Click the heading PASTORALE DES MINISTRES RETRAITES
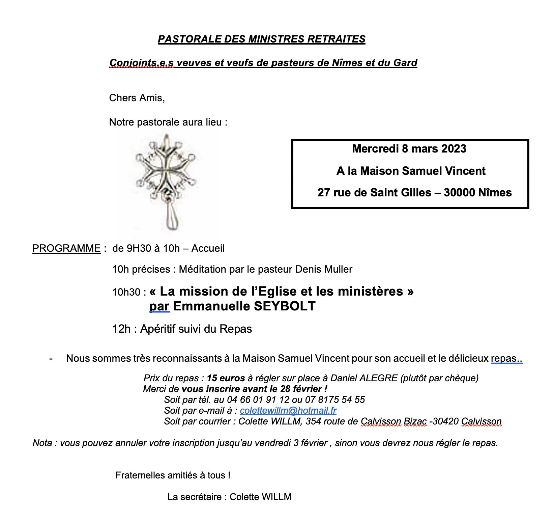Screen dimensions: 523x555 pos(261,39)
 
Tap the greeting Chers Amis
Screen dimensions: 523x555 pos(137,98)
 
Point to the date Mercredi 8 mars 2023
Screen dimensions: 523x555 pos(409,149)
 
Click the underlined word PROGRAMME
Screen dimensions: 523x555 pos(66,248)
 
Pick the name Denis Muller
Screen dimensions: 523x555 pos(324,269)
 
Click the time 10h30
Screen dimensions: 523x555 pos(126,292)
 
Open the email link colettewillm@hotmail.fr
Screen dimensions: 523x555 pos(288,411)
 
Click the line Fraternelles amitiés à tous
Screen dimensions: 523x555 pos(173,475)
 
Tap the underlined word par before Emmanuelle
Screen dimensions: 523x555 pos(159,306)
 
